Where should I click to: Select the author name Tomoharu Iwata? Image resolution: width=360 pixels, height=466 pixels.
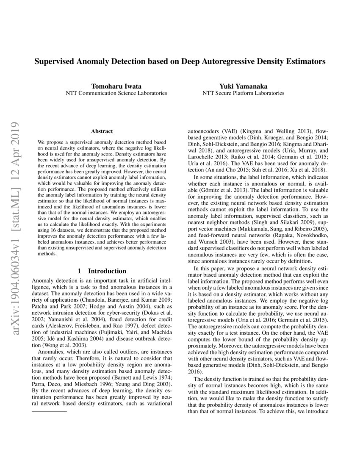tap(116, 86)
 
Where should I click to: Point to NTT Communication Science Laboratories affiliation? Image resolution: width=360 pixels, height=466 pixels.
tap(116, 93)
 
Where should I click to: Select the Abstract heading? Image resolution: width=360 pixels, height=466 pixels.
tap(102, 132)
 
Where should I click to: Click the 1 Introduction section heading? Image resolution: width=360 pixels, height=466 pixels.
tap(102, 271)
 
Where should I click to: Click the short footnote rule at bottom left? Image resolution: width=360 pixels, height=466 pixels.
tap(50, 411)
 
